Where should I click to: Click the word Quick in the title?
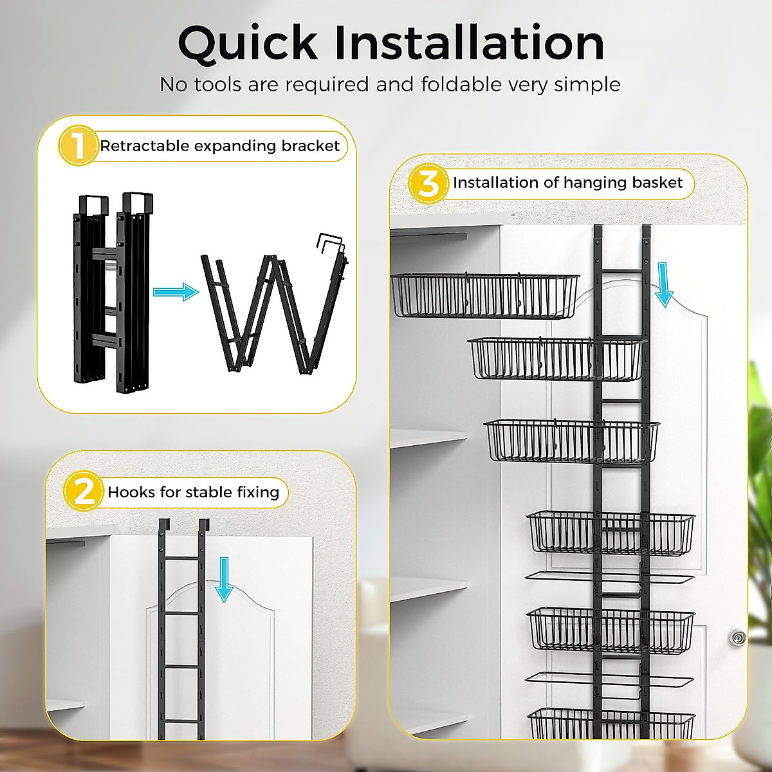pos(247,44)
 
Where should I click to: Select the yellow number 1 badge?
pos(77,145)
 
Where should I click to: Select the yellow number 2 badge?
pos(83,492)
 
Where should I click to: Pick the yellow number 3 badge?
pos(428,183)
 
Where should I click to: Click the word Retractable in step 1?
pos(144,146)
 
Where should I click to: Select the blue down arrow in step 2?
pos(224,579)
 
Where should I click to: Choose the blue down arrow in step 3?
pos(663,285)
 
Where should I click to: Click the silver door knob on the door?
pos(737,638)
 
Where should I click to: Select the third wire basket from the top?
pos(571,441)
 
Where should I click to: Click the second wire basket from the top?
pos(556,358)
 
